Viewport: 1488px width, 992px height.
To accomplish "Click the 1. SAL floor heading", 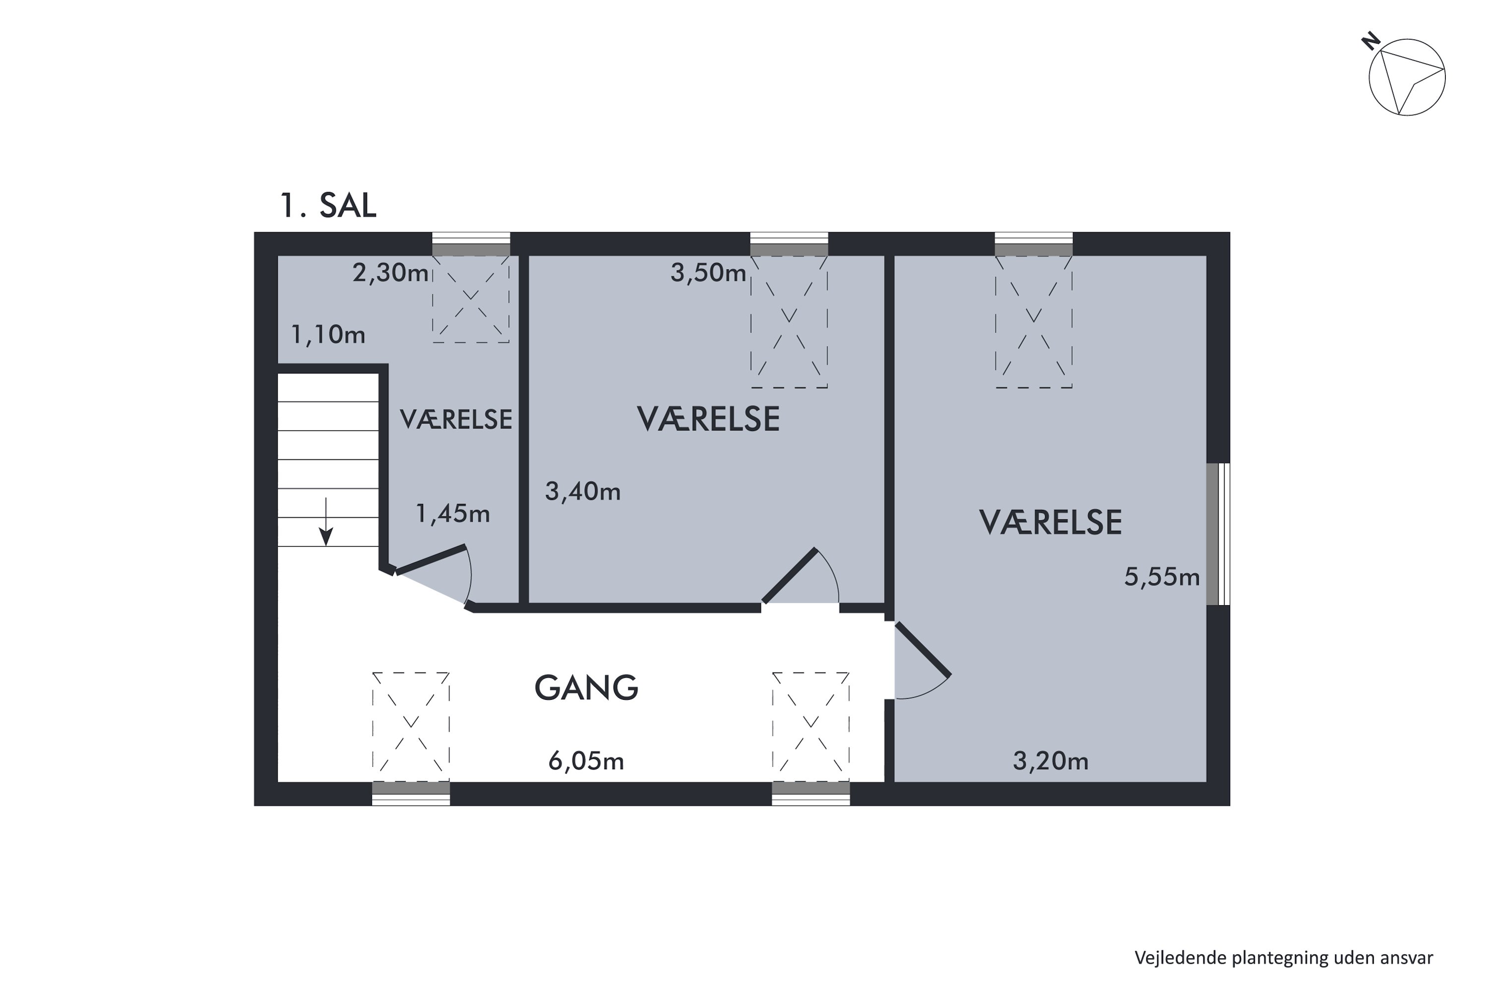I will pos(328,206).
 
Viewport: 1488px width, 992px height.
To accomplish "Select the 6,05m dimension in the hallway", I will pos(586,761).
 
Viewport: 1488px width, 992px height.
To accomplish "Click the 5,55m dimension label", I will pos(1162,577).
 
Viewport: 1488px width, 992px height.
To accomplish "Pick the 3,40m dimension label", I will pos(583,492).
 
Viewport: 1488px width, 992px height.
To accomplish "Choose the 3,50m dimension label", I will pos(708,273).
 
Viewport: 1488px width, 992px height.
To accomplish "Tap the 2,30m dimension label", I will pos(390,273).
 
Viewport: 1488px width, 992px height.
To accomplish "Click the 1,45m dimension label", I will pos(452,514).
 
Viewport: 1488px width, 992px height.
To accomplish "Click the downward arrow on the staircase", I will pos(326,522).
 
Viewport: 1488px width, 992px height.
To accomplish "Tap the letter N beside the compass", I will pos(1370,42).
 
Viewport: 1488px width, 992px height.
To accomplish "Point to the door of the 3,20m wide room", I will pos(923,650).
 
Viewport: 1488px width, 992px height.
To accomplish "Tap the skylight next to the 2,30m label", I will pos(471,299).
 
